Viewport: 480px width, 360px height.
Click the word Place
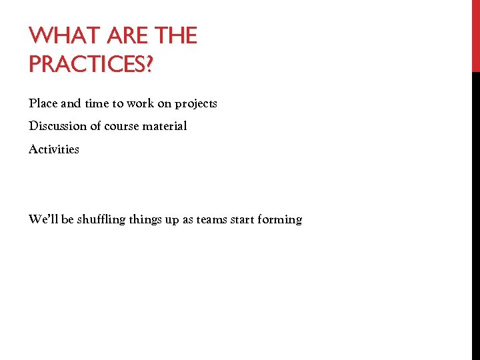pyautogui.click(x=43, y=103)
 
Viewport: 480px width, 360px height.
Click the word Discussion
pyautogui.click(x=58, y=126)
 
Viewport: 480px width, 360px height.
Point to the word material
pyautogui.click(x=164, y=126)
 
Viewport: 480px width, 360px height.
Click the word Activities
pyautogui.click(x=54, y=149)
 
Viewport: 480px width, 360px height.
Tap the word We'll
pyautogui.click(x=43, y=219)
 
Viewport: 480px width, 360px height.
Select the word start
pyautogui.click(x=244, y=219)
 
